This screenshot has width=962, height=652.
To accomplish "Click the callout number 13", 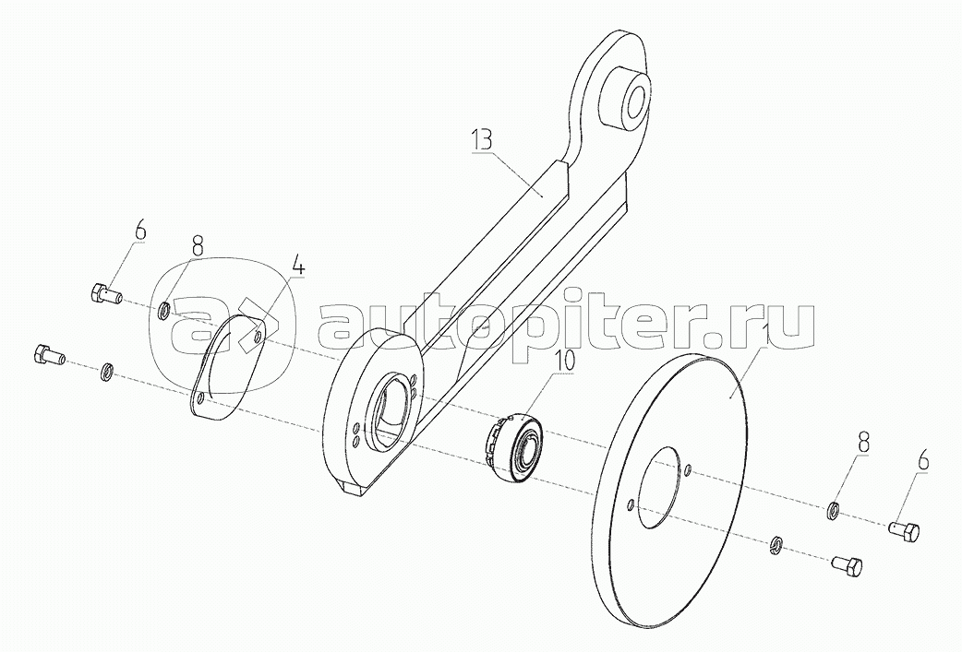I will click(x=482, y=141).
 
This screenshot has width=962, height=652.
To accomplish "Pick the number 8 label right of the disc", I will click(x=863, y=443).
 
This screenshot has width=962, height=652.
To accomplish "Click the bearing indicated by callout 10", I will click(x=516, y=445).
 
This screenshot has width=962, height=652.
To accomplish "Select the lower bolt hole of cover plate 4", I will click(x=200, y=399).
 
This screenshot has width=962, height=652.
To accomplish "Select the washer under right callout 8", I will click(x=832, y=510).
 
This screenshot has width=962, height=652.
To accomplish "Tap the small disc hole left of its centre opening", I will click(x=629, y=504).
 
